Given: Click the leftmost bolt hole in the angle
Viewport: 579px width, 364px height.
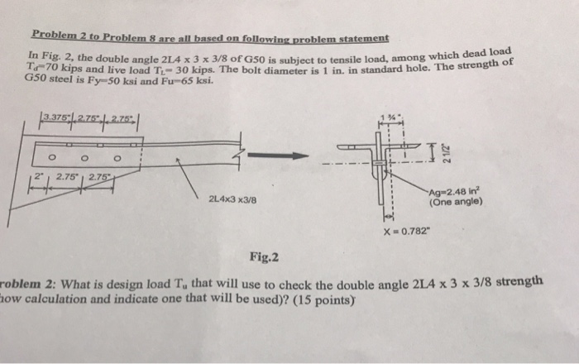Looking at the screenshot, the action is point(52,155).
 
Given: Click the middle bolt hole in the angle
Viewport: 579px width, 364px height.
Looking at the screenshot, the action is point(85,155).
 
